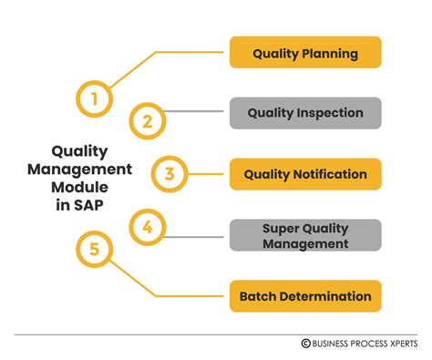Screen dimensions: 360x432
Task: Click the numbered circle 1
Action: (94, 98)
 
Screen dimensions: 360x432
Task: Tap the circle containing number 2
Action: (147, 119)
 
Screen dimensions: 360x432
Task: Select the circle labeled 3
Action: (169, 173)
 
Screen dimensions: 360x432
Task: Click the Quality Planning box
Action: (305, 53)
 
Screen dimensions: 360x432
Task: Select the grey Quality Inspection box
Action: (305, 113)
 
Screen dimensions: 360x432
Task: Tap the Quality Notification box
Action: (305, 173)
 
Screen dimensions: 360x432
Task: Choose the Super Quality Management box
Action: (305, 235)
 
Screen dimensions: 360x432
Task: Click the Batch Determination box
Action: (305, 295)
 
